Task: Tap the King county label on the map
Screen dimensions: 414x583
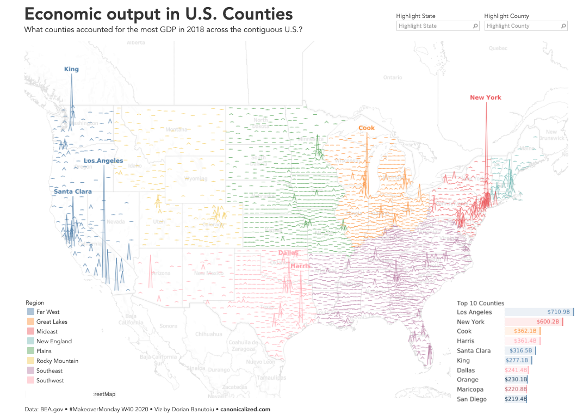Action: pos(71,69)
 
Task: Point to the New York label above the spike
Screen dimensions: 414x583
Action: pos(486,97)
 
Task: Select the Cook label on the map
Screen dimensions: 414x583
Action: pos(367,128)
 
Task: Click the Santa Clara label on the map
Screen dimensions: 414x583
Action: pos(73,191)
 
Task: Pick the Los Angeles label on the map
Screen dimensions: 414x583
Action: pos(103,160)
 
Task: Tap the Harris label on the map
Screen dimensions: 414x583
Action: pos(300,266)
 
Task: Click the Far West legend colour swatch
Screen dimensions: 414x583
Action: pos(30,312)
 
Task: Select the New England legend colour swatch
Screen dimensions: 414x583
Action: pos(30,342)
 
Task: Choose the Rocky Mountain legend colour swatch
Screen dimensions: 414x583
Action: pos(30,361)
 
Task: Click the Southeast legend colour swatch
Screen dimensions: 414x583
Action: pos(30,371)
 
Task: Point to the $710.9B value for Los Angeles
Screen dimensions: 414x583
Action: pos(559,312)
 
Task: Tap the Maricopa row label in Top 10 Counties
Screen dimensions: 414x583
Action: pos(470,390)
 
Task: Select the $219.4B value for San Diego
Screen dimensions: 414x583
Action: pos(516,399)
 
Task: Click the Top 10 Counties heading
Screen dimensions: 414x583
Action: pos(480,303)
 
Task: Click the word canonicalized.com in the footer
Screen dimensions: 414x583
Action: pos(245,409)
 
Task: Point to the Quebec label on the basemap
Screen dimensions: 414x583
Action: pos(498,48)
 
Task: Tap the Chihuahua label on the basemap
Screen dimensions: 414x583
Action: pos(209,333)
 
